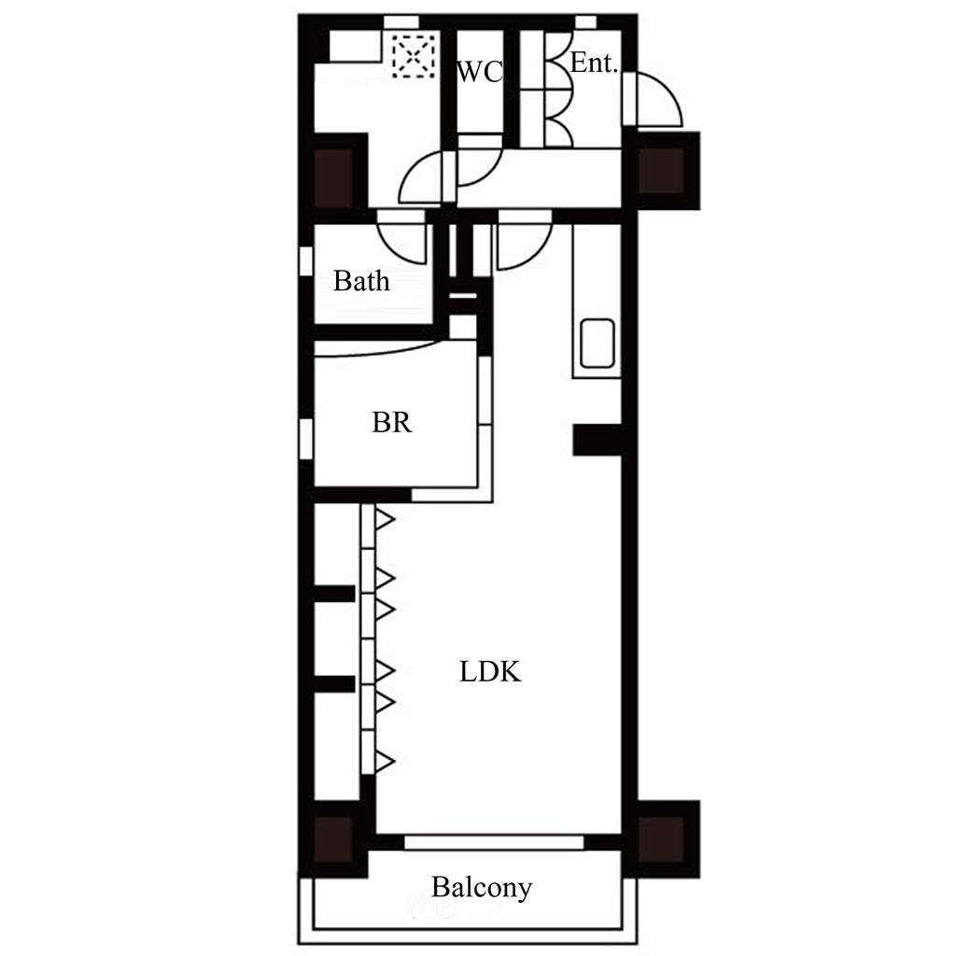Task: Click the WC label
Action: [x=480, y=72]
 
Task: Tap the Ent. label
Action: [x=594, y=63]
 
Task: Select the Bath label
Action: [x=361, y=281]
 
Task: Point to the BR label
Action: [x=392, y=422]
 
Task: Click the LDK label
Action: [x=490, y=671]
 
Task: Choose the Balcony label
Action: [x=482, y=888]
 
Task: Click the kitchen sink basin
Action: [x=597, y=344]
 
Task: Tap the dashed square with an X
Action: [x=414, y=56]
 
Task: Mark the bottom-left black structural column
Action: [x=333, y=839]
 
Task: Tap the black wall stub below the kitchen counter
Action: [x=597, y=441]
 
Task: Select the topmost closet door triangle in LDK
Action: [x=385, y=520]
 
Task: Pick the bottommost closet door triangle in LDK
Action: [x=385, y=762]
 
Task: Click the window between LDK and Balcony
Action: [x=495, y=843]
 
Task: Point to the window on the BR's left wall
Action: [x=306, y=439]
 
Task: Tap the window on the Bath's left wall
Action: [x=306, y=261]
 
